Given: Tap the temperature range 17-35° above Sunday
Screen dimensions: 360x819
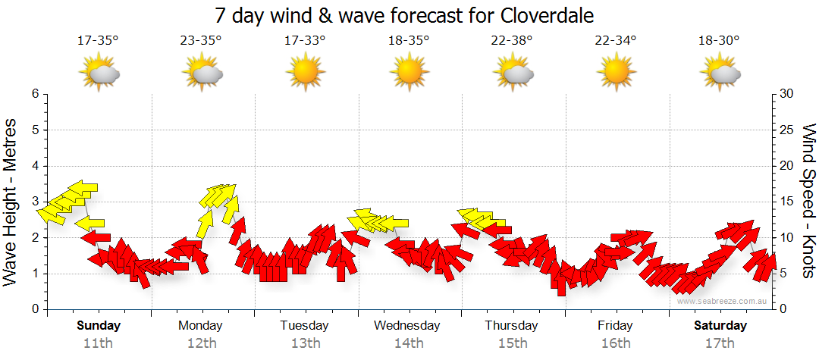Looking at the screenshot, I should pos(98,41).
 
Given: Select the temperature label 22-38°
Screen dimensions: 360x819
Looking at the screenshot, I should pos(512,41).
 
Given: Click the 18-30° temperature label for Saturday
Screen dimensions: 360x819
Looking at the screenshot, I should pos(719,41).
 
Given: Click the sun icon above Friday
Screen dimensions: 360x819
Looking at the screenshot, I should pos(615,73).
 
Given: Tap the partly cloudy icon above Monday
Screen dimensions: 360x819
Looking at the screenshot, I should pos(202,73).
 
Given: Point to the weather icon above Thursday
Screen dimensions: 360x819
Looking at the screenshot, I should pos(512,73).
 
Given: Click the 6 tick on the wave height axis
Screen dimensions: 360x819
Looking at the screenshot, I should pos(35,94).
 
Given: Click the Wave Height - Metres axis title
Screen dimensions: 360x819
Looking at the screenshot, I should pos(11,202).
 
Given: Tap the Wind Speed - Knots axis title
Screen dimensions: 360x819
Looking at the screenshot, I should pos(808,202).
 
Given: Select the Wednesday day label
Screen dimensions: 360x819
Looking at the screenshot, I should pos(407,326).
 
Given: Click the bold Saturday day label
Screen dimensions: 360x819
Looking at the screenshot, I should pos(720,326).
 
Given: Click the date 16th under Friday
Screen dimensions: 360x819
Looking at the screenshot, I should pos(615,343).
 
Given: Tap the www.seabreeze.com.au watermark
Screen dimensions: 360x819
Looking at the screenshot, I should pos(723,301).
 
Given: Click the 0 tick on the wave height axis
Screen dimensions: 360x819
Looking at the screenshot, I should pos(35,309).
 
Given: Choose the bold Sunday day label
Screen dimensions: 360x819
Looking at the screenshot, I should pos(99,326).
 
